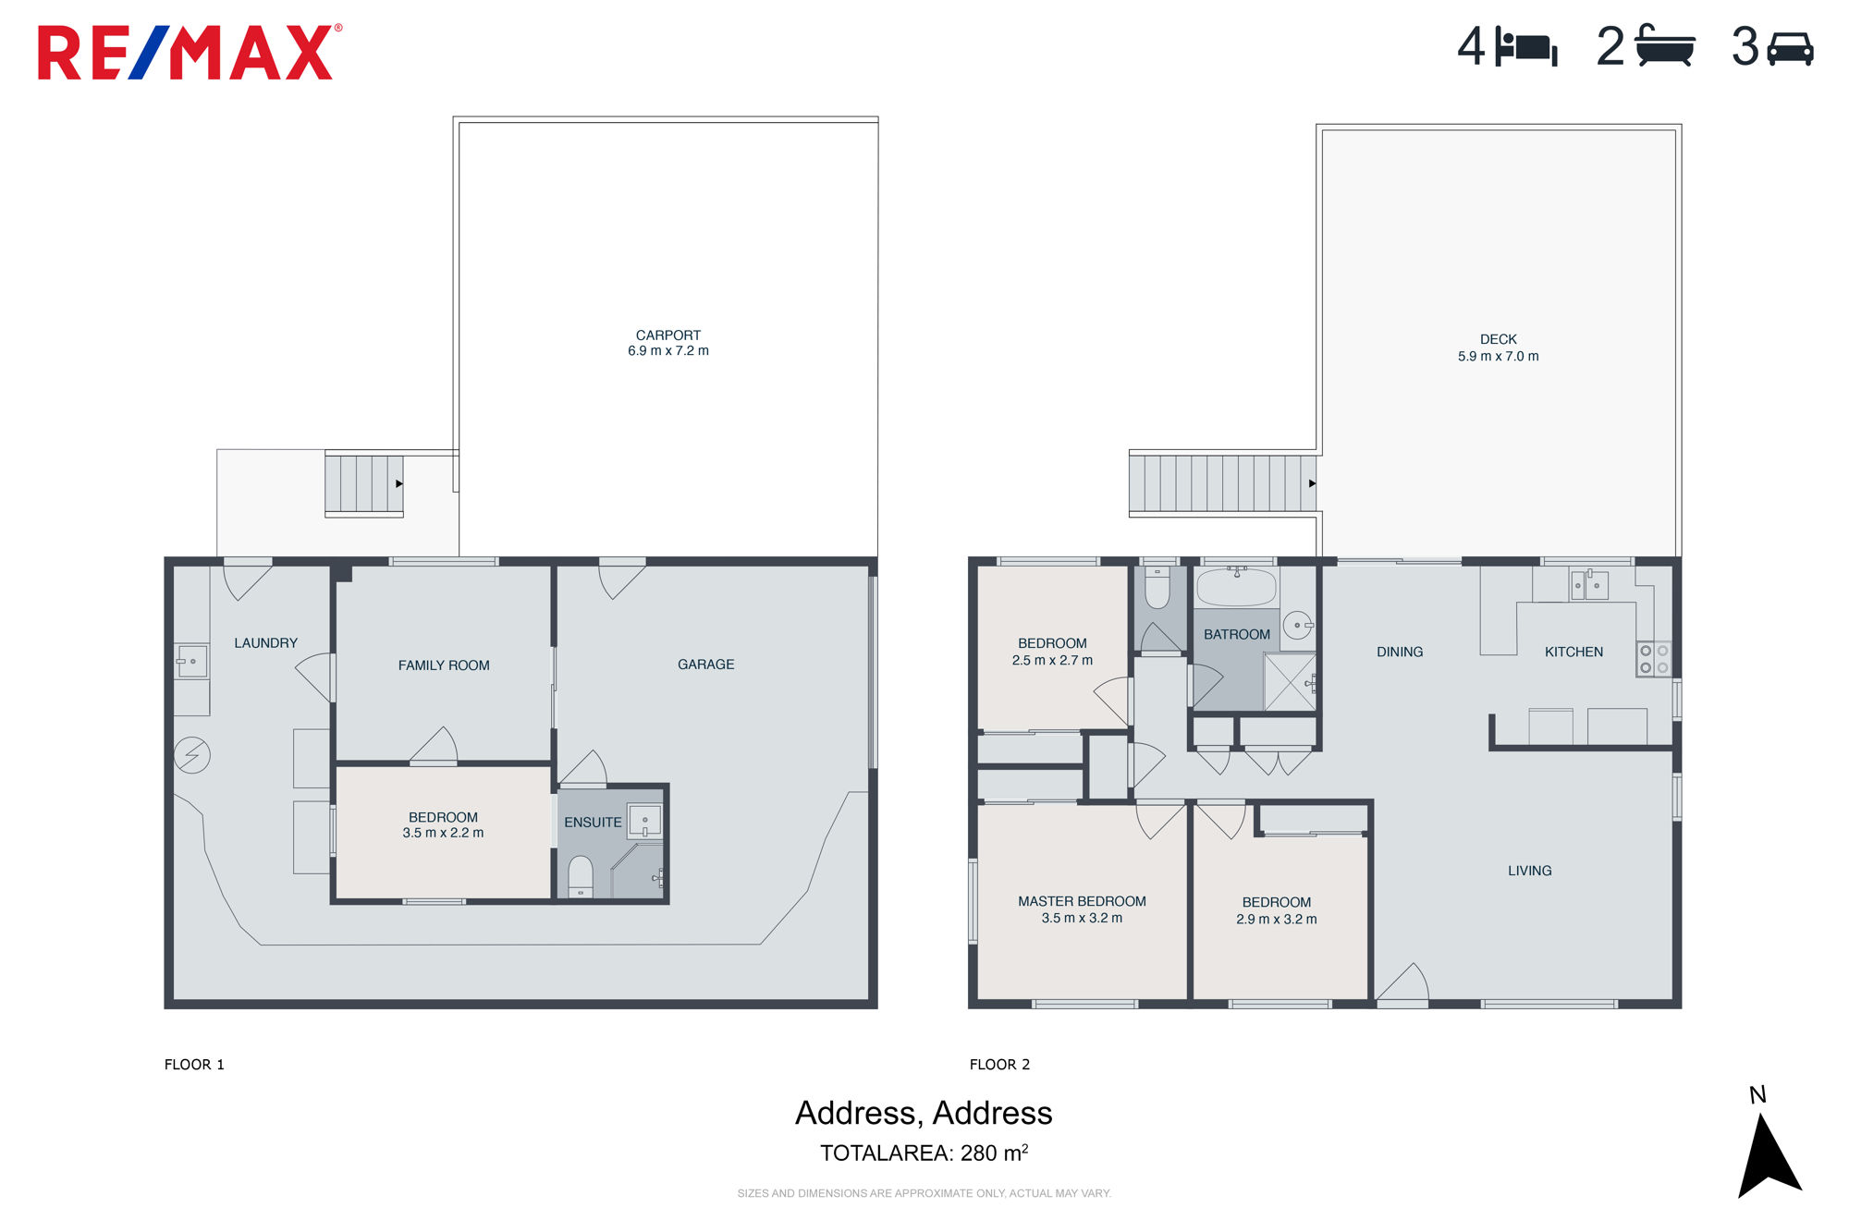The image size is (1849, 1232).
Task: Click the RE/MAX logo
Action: [x=189, y=53]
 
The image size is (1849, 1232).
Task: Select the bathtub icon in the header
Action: [x=1664, y=45]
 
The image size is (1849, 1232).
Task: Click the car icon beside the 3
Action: [x=1791, y=48]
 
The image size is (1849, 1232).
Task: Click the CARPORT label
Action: [x=668, y=335]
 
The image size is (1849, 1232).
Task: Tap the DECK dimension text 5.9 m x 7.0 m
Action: [x=1499, y=357]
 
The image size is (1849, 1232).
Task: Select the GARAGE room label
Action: [x=706, y=665]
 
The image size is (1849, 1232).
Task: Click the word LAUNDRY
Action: [x=266, y=643]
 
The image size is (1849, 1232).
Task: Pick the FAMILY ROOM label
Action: [x=444, y=665]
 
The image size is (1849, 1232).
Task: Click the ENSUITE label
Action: [x=593, y=823]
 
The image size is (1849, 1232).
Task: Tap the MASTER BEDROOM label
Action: [x=1082, y=901]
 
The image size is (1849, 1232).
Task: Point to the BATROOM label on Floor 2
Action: [x=1237, y=635]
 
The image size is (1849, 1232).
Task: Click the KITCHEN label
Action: [x=1574, y=653]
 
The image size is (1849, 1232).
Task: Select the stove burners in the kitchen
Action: [x=1654, y=659]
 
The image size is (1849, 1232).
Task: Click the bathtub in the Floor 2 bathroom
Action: [x=1237, y=586]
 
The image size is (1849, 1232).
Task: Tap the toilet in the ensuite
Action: [x=581, y=876]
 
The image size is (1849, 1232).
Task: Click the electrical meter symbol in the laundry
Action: [x=192, y=755]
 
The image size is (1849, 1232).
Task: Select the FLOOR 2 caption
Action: [x=999, y=1065]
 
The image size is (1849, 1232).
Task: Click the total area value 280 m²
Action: [x=995, y=1153]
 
